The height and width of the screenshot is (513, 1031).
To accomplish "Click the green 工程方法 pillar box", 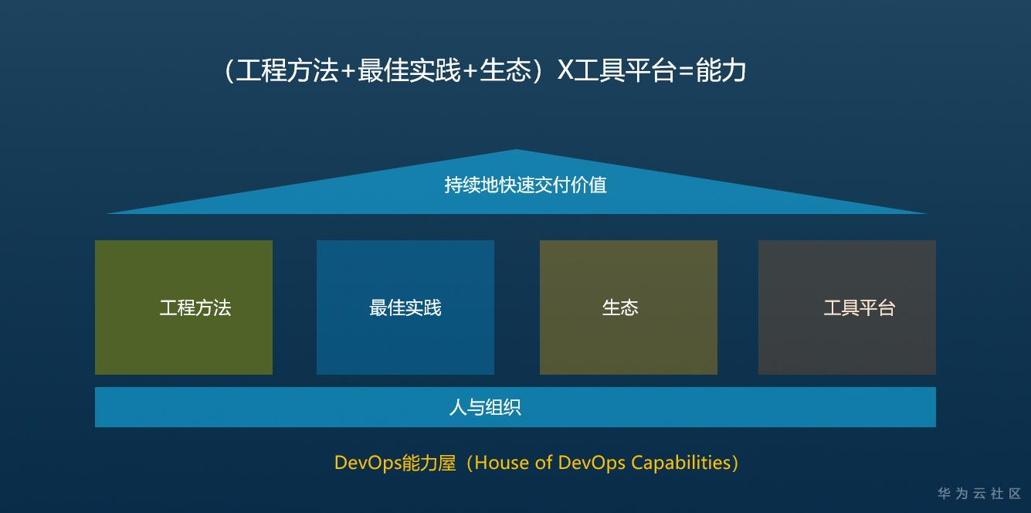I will [184, 307].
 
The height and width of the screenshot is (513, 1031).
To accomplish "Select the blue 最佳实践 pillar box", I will [405, 307].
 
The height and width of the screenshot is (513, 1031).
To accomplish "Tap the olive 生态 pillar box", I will [628, 307].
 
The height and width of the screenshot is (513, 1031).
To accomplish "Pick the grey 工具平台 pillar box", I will [847, 307].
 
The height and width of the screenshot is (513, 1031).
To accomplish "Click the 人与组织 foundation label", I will [485, 407].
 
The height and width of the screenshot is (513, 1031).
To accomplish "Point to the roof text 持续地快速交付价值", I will [525, 185].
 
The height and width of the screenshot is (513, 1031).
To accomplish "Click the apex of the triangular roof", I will [516, 151].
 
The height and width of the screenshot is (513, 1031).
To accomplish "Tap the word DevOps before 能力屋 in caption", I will [368, 463].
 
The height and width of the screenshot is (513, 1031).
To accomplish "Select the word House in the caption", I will [500, 463].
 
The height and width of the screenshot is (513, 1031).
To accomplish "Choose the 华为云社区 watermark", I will [979, 494].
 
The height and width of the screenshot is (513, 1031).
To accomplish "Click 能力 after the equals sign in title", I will [721, 71].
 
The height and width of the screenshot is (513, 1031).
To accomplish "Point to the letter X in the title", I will [565, 71].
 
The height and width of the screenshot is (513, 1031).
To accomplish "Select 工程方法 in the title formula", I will [287, 71].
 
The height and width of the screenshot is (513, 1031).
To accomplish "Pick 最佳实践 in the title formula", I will [409, 71].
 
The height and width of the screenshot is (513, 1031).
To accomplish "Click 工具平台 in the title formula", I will [626, 71].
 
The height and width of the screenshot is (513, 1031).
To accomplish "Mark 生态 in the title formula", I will [506, 71].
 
